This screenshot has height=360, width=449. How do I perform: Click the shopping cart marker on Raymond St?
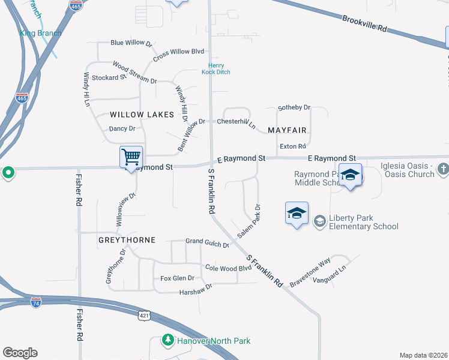[x=131, y=157]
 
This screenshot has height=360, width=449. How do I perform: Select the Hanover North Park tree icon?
[x=169, y=341]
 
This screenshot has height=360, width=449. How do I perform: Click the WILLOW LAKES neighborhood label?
[x=142, y=115]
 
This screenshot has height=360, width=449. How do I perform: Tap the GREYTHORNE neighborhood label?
[x=127, y=240]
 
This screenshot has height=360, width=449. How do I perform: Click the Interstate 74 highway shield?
[x=36, y=302]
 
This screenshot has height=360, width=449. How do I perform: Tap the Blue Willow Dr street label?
[x=131, y=43]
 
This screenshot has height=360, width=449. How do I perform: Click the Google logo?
[x=20, y=353]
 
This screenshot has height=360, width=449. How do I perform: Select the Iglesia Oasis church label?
[x=407, y=170]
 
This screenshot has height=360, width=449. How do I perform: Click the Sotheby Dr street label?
[x=294, y=108]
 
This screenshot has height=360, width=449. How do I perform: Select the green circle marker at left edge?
[x=8, y=173]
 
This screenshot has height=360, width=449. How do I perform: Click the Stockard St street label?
[x=109, y=77]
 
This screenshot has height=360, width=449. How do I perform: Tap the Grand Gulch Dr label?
[x=207, y=243]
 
